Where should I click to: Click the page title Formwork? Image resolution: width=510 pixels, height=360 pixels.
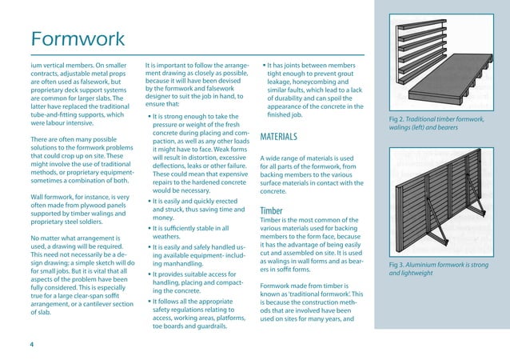(78, 38)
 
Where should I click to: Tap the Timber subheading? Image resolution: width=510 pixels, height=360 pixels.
(273, 211)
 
